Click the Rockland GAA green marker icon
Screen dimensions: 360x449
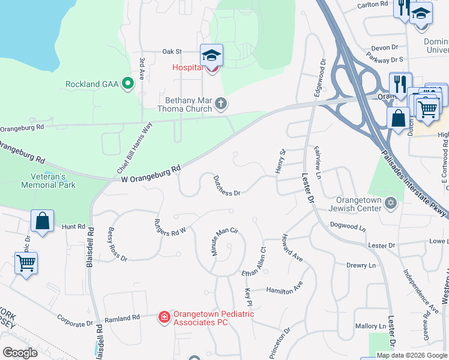[x=127, y=83]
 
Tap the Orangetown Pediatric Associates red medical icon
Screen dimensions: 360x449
[x=163, y=316]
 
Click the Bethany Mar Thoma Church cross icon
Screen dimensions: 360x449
[x=221, y=104]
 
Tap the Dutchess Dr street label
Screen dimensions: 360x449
[x=227, y=185]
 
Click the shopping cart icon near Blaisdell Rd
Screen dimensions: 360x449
[x=26, y=263]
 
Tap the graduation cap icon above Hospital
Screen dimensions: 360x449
[x=211, y=56]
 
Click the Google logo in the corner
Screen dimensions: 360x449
[x=20, y=353]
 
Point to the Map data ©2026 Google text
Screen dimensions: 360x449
[x=412, y=355]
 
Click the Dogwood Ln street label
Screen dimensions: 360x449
[x=348, y=227]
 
